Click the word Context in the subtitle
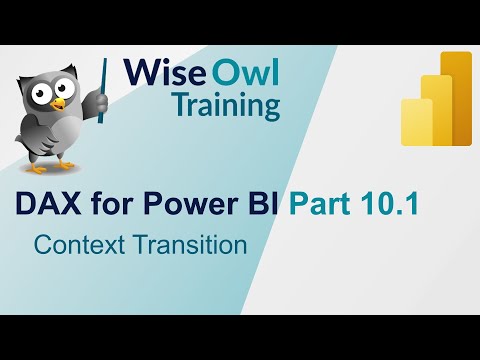coord(76,244)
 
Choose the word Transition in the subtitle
coord(187,244)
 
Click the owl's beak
coord(56,102)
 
